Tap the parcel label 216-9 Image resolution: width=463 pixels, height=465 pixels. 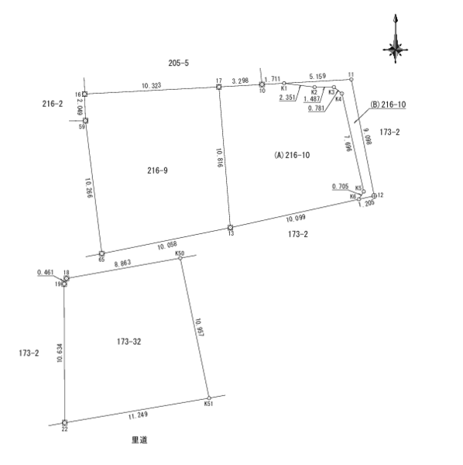point(157,170)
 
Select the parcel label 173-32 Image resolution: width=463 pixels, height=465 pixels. point(129,342)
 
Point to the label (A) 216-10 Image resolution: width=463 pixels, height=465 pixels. point(292,155)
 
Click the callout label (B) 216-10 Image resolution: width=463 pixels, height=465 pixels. point(388,105)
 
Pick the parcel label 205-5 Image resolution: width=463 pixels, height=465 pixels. point(179,63)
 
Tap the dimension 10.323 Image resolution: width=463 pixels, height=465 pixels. point(152,86)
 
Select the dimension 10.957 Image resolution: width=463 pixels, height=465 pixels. point(199,328)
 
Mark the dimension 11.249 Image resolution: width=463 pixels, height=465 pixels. point(138,415)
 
